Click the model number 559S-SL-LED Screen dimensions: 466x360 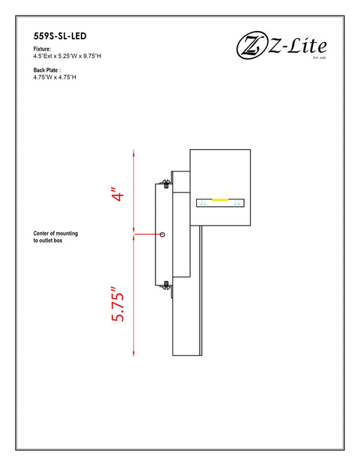(60, 34)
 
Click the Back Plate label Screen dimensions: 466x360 (47, 70)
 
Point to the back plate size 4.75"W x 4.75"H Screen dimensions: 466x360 (54, 77)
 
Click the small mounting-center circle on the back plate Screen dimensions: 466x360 (162, 233)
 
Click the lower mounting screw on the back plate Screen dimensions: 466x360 (166, 285)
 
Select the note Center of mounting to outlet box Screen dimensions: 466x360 (58, 236)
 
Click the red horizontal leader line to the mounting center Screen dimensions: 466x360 (148, 233)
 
